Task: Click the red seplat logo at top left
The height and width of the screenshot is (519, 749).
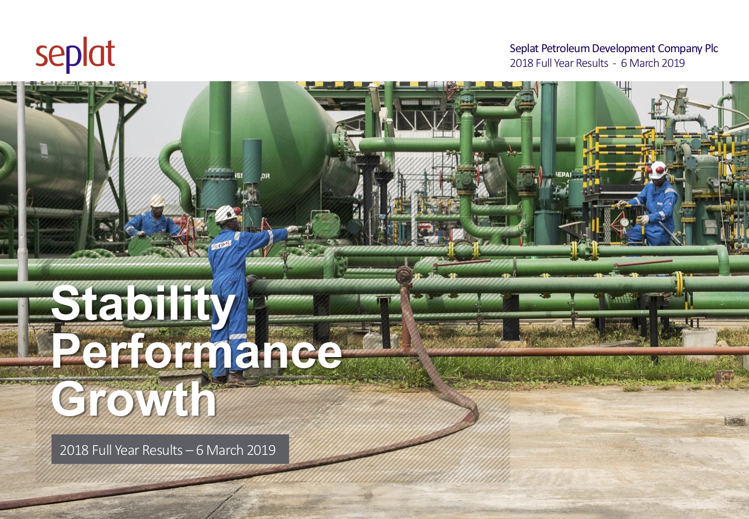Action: pyautogui.click(x=75, y=55)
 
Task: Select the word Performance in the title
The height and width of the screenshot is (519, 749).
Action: pyautogui.click(x=197, y=351)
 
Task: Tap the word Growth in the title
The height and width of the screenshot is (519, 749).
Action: pyautogui.click(x=134, y=399)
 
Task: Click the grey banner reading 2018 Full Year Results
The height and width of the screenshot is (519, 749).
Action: pyautogui.click(x=170, y=449)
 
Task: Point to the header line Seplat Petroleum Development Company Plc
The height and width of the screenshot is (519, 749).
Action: pyautogui.click(x=613, y=48)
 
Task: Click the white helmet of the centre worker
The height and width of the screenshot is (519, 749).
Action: pyautogui.click(x=227, y=214)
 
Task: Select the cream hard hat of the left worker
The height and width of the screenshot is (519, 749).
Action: pyautogui.click(x=157, y=200)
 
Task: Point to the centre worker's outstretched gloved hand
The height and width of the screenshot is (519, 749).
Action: pyautogui.click(x=292, y=229)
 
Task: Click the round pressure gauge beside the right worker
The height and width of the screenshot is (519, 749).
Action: pyautogui.click(x=624, y=222)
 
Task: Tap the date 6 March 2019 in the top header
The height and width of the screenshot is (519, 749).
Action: pyautogui.click(x=653, y=63)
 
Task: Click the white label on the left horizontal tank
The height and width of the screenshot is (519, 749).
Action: pyautogui.click(x=44, y=150)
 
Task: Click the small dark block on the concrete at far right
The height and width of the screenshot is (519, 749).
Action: pyautogui.click(x=735, y=421)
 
